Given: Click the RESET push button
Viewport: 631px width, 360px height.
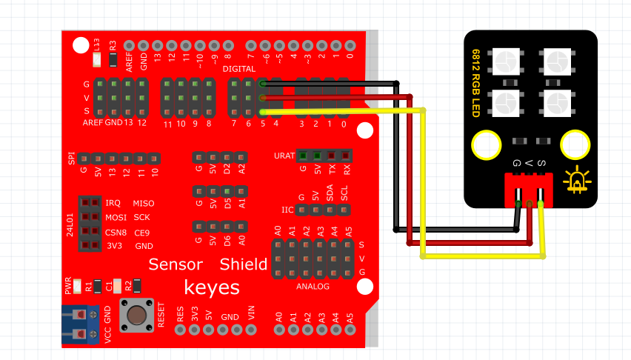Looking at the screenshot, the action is pos(137,315).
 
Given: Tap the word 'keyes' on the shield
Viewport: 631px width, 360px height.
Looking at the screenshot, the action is pos(212,288).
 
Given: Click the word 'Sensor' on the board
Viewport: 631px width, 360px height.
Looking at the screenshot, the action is pos(176,264).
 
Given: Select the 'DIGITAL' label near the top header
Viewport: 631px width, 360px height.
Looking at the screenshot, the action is pos(239,69).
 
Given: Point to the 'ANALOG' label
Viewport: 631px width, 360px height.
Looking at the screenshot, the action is pos(313,287).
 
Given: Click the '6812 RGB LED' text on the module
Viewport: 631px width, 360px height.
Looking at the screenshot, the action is pos(475,83).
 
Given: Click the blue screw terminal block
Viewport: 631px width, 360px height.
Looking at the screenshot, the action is pos(80,324).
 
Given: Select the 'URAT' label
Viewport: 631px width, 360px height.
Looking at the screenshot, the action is pos(284,156).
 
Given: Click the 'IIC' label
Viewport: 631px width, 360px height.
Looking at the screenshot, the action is pos(287,210).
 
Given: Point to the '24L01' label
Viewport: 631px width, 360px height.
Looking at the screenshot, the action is pos(70,224).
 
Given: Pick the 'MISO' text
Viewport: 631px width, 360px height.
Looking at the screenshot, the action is pos(144,204).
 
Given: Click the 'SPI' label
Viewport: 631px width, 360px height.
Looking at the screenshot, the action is pos(71,159).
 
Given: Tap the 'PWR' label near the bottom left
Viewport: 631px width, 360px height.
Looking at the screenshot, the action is pos(68,285).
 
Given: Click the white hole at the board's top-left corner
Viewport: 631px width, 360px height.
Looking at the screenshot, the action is pos(81,45).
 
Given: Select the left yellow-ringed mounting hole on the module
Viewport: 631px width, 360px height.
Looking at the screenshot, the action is pos(486,145).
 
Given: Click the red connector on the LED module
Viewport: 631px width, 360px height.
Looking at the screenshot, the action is pos(529,190).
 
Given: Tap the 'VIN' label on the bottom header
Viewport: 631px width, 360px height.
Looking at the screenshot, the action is pos(252,312).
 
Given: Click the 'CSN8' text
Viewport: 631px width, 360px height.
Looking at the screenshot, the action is pos(116,233).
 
